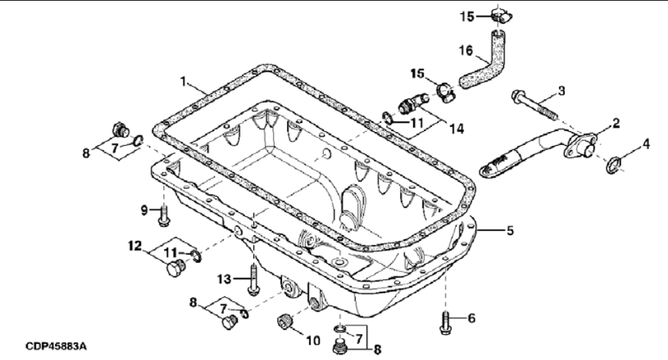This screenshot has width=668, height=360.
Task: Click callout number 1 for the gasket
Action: tap(184, 81)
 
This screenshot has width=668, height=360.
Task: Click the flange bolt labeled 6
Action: tap(447, 321)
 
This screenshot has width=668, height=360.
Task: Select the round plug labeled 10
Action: tap(283, 323)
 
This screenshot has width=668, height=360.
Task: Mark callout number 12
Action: tap(134, 245)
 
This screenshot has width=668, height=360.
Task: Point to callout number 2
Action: tap(616, 123)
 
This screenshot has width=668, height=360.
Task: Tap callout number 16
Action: tap(464, 50)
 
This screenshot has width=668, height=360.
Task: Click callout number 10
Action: tap(312, 340)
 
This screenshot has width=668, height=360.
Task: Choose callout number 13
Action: tap(223, 279)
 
